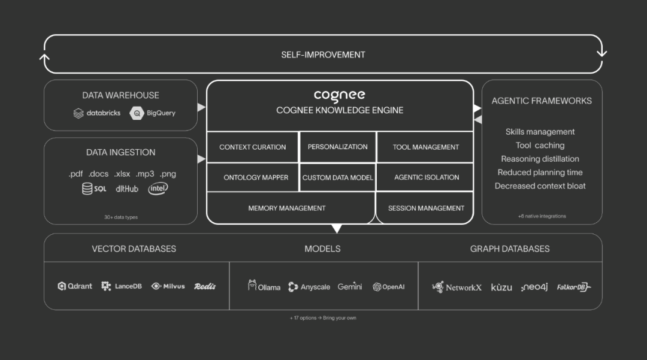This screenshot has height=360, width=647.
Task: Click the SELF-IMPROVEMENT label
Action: pos(323,55)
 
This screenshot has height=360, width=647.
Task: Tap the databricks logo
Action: pos(97,113)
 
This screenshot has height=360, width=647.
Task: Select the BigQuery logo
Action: pos(153,113)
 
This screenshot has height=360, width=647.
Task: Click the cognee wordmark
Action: pos(339,95)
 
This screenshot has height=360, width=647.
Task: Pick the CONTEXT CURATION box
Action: pos(252,147)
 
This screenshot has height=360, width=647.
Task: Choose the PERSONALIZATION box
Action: pos(337,147)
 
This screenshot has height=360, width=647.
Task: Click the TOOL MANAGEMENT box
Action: pos(425,147)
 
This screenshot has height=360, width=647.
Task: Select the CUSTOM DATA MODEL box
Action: pos(337,177)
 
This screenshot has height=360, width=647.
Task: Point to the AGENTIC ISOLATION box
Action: pos(426,177)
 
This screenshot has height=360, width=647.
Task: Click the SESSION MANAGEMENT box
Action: pos(426,208)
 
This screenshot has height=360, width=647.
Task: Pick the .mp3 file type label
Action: pos(144,174)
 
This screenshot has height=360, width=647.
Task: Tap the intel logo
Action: pos(158,189)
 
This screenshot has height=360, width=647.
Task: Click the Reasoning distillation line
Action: pos(540,159)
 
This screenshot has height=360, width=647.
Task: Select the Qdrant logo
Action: pos(75,286)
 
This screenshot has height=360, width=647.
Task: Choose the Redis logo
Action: pos(204,286)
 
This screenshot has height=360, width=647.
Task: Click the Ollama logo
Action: pos(264,286)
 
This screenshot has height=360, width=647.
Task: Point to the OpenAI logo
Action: pos(388,287)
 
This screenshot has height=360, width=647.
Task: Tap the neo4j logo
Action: pos(534,287)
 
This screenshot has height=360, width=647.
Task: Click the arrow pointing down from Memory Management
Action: pos(337,228)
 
